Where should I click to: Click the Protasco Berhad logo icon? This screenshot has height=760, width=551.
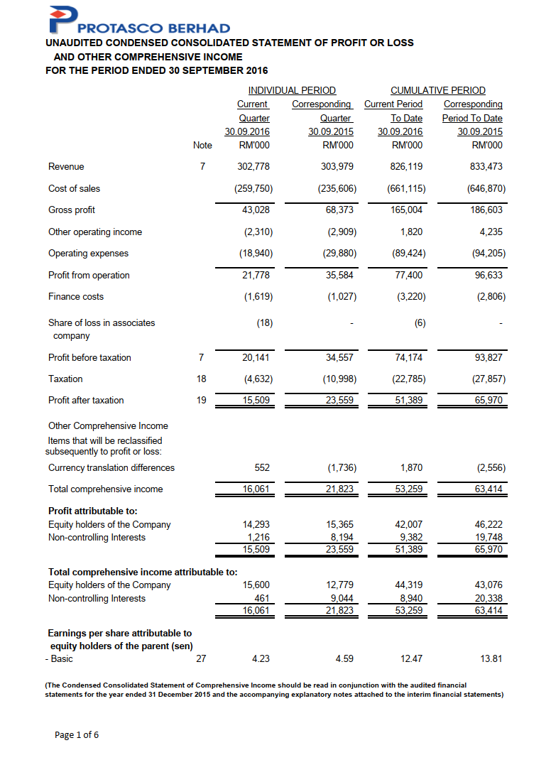tap(62, 19)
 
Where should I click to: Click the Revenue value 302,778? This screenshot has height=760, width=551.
tap(253, 166)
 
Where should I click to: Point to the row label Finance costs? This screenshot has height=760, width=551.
tap(76, 296)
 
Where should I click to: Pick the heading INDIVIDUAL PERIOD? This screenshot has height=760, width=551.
tap(291, 90)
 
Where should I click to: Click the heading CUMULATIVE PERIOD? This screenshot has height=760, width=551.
tap(438, 90)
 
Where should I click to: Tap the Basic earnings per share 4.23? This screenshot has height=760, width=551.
tap(261, 658)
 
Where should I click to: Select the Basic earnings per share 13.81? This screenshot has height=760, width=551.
tap(491, 658)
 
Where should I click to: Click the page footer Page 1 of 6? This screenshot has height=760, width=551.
tap(77, 734)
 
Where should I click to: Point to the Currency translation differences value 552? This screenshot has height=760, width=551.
tap(261, 467)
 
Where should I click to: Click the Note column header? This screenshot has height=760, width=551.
tap(202, 145)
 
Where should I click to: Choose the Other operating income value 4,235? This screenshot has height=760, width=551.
tap(491, 232)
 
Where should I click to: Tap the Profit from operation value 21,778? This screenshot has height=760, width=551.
tap(256, 275)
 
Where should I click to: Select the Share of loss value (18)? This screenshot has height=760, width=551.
tap(264, 322)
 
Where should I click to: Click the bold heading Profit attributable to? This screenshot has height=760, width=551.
tap(92, 510)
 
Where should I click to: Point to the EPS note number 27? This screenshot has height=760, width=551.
tap(201, 658)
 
